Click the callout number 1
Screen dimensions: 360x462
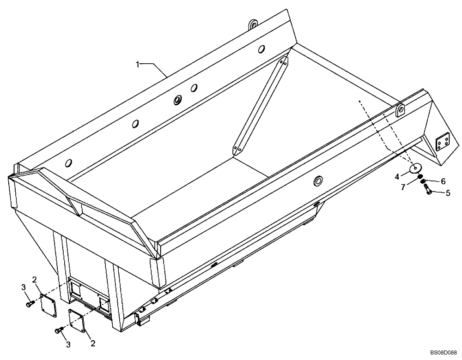click(x=138, y=65)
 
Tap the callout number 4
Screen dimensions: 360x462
click(x=396, y=176)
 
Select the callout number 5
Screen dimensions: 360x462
click(x=448, y=193)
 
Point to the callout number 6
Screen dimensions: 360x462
click(x=443, y=181)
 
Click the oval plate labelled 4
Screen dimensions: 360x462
click(x=415, y=168)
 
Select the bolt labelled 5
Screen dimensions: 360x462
click(x=427, y=189)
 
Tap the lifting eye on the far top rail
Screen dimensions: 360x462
click(x=252, y=24)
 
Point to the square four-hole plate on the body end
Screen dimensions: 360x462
click(x=443, y=145)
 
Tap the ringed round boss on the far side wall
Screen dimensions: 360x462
click(x=178, y=99)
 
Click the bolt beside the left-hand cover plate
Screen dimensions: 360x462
click(x=30, y=304)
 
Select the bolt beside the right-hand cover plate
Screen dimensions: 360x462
click(x=59, y=330)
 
